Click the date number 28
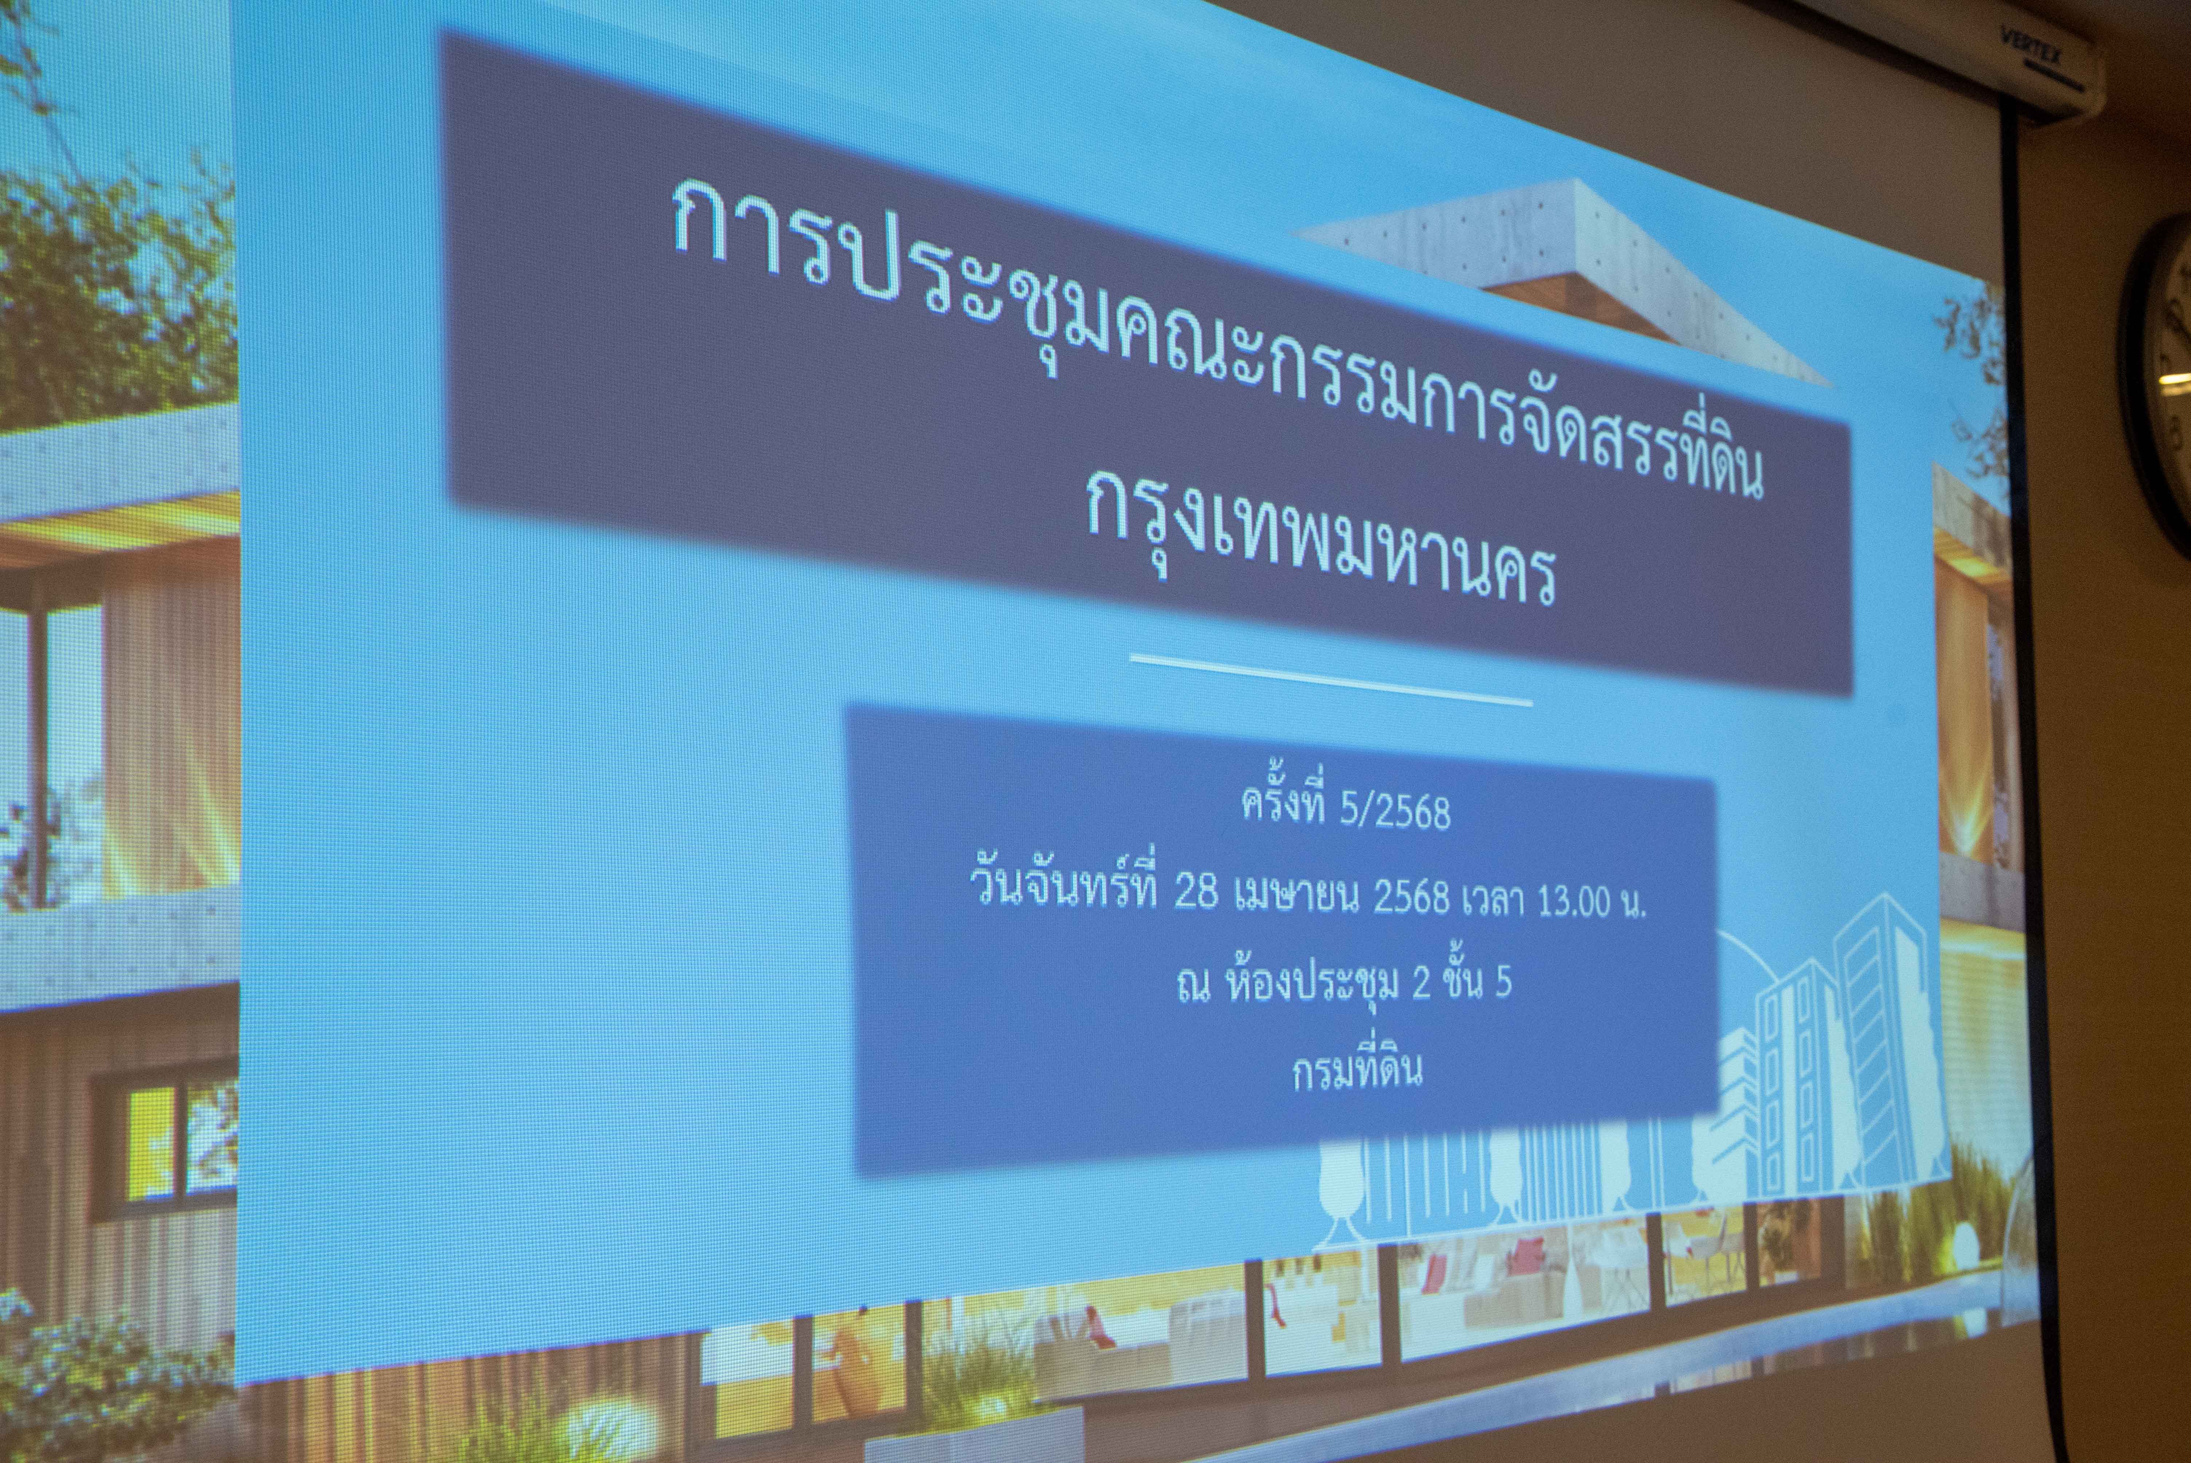pos(1196,893)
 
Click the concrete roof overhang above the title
pos(1558,280)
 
